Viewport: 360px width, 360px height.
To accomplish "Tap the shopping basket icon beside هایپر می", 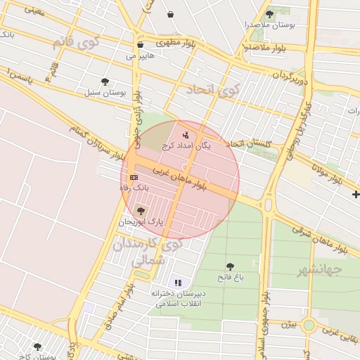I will tap(140, 44).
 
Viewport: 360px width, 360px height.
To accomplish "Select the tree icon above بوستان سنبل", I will tap(105, 82).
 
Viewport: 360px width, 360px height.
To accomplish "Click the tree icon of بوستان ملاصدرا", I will tap(269, 13).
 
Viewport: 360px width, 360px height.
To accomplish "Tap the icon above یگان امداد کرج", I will tap(186, 134).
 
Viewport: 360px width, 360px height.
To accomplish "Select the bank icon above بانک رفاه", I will tap(134, 178).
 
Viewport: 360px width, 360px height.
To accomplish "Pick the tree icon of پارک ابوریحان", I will tap(141, 210).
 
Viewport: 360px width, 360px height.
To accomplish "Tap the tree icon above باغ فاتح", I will tap(230, 266).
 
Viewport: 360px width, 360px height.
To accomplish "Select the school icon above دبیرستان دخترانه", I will tap(177, 282).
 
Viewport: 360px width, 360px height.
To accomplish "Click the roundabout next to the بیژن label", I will tap(309, 326).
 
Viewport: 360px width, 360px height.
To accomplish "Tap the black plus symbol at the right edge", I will tap(356, 194).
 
